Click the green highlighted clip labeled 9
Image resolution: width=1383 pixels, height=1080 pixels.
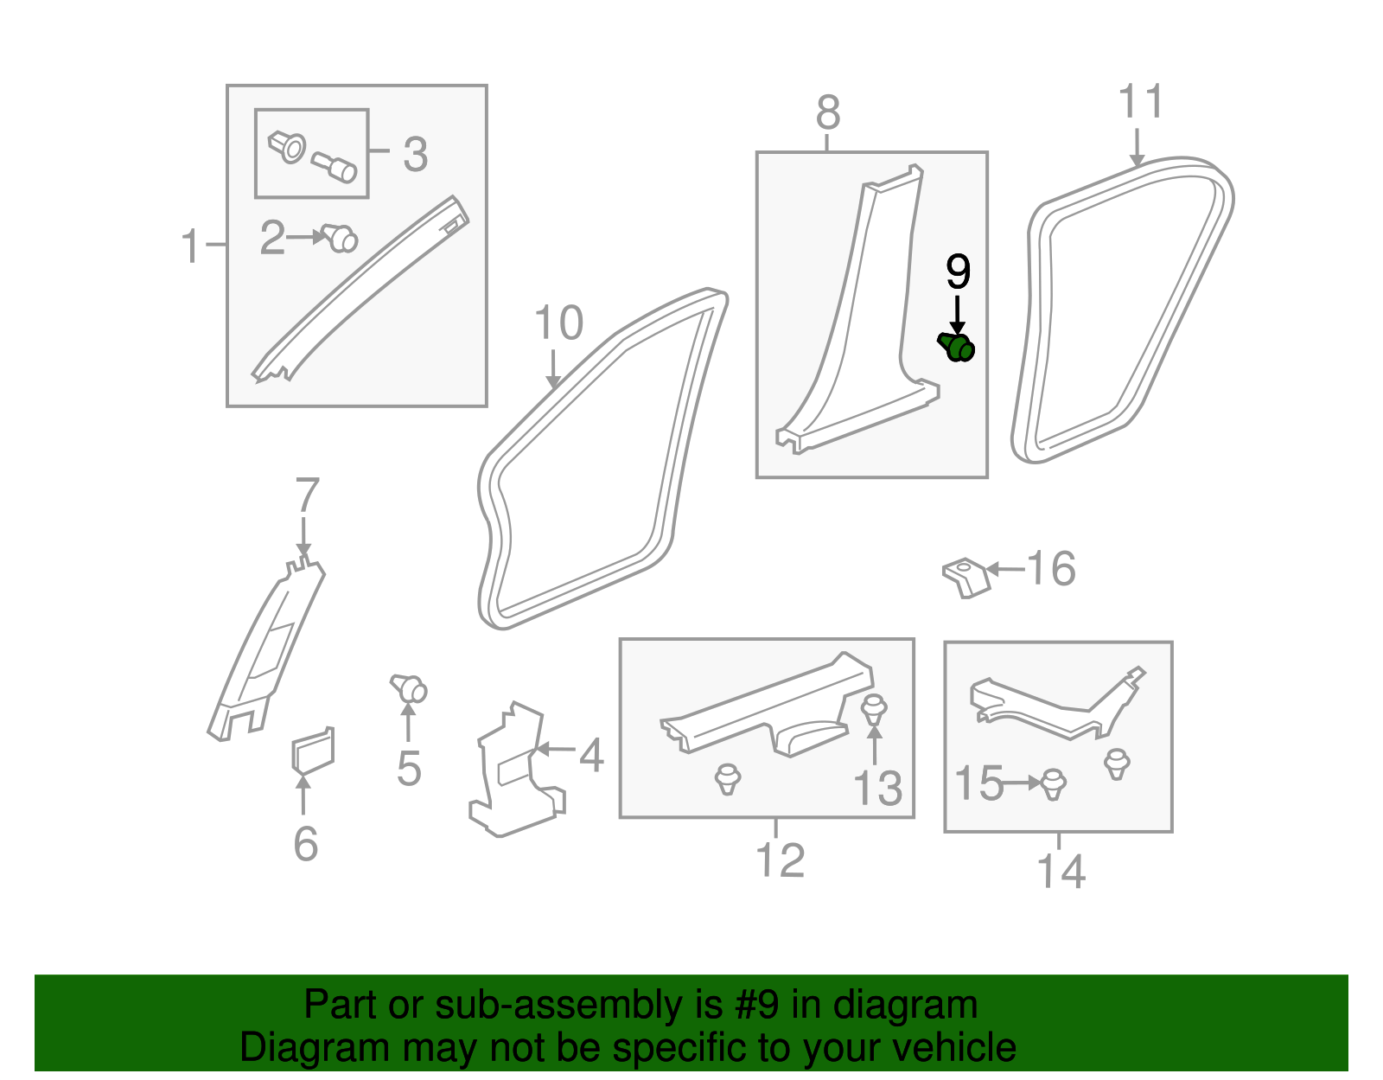(x=958, y=348)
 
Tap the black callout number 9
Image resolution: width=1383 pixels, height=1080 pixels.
(x=958, y=272)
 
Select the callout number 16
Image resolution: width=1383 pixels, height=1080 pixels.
(x=1051, y=569)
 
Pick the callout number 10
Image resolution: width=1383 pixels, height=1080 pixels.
(x=559, y=324)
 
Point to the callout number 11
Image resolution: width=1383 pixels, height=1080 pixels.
(x=1141, y=103)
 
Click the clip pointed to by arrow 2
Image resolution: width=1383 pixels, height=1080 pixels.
(x=340, y=237)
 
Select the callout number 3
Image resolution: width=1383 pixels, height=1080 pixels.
(x=416, y=155)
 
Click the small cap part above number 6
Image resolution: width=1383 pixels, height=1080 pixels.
(x=312, y=750)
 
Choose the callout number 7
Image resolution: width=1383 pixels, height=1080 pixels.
(x=307, y=496)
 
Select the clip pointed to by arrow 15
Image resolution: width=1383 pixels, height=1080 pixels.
(x=1053, y=783)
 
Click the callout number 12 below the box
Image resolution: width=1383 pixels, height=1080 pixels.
(x=780, y=860)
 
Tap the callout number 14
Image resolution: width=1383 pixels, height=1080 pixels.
(x=1061, y=872)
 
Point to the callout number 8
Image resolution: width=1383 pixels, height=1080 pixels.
(x=827, y=113)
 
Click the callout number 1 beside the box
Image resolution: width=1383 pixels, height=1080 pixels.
(x=190, y=246)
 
